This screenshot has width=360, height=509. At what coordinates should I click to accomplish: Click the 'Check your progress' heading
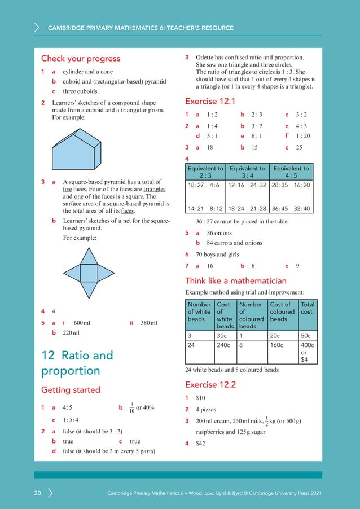pos(81,59)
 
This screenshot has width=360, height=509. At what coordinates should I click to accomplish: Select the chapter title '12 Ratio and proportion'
pos(77,363)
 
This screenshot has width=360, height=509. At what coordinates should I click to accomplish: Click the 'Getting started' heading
pos(71,390)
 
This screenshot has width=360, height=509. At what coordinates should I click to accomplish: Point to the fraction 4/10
pos(131,407)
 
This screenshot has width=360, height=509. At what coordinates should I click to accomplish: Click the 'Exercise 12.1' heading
pos(210,102)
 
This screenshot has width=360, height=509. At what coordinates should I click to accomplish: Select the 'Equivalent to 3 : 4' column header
pos(247,172)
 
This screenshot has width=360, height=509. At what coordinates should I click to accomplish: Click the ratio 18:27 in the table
pos(195,185)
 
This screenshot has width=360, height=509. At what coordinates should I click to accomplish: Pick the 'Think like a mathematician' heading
pos(235,280)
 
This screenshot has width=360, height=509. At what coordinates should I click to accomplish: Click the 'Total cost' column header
pos(308,308)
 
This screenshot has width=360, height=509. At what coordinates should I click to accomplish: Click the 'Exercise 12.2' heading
pos(210,385)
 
